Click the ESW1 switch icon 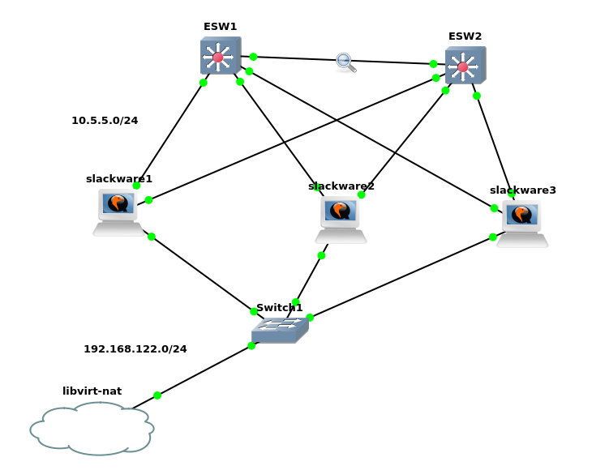coord(221,55)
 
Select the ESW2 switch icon coord(465,65)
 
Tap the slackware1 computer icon coord(118,212)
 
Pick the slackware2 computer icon coord(341,220)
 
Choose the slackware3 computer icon coord(522,224)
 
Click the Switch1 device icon coord(280,331)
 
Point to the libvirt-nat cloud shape coord(92,429)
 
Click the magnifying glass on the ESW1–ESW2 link coord(345,62)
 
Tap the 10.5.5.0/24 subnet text coord(105,120)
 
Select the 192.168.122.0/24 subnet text coord(135,349)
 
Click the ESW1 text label coord(221,27)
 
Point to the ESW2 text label coord(465,36)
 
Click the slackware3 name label coord(523,190)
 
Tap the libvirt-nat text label coord(92,391)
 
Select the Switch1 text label coord(279,308)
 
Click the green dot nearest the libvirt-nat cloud coord(157,395)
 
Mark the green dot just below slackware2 coord(321,255)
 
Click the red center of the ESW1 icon coord(218,58)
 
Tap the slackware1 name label coord(119,179)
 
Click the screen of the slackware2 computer coord(341,211)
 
